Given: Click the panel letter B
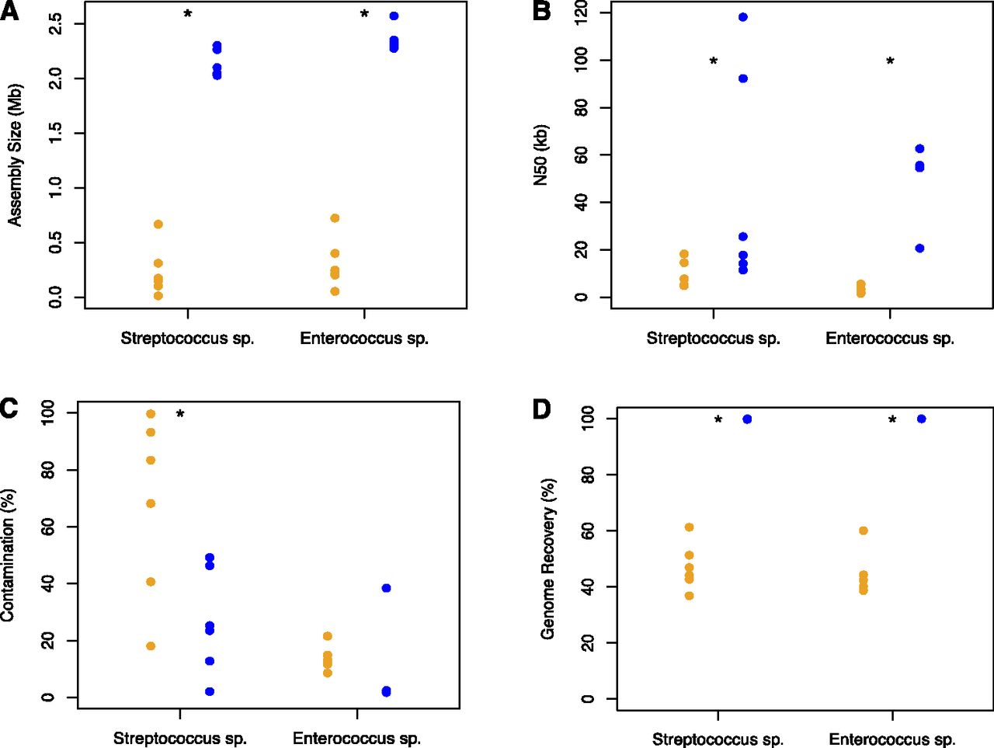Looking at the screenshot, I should coord(541,12).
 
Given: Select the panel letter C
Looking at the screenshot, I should coord(9,408).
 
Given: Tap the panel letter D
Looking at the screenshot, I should coord(541,409).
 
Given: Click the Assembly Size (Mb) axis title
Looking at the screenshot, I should coord(16,155).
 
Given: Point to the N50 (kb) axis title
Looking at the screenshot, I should coord(541,155).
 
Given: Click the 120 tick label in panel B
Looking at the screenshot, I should coord(582,13).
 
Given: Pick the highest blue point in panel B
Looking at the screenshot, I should coord(743,17).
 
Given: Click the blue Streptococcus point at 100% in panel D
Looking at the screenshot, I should coord(747,419).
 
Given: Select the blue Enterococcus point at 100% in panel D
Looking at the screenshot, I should coord(922,419).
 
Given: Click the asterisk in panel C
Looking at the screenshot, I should coord(180,415).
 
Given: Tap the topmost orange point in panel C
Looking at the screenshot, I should coord(151,414).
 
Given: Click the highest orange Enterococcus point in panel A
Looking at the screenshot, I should coord(335,218).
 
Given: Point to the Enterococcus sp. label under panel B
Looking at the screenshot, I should coord(890,339).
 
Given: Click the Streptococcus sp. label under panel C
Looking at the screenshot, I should coord(180,738).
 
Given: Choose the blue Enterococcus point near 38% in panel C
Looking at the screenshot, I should coord(386,588).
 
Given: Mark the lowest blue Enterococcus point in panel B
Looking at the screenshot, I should coord(919,249).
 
